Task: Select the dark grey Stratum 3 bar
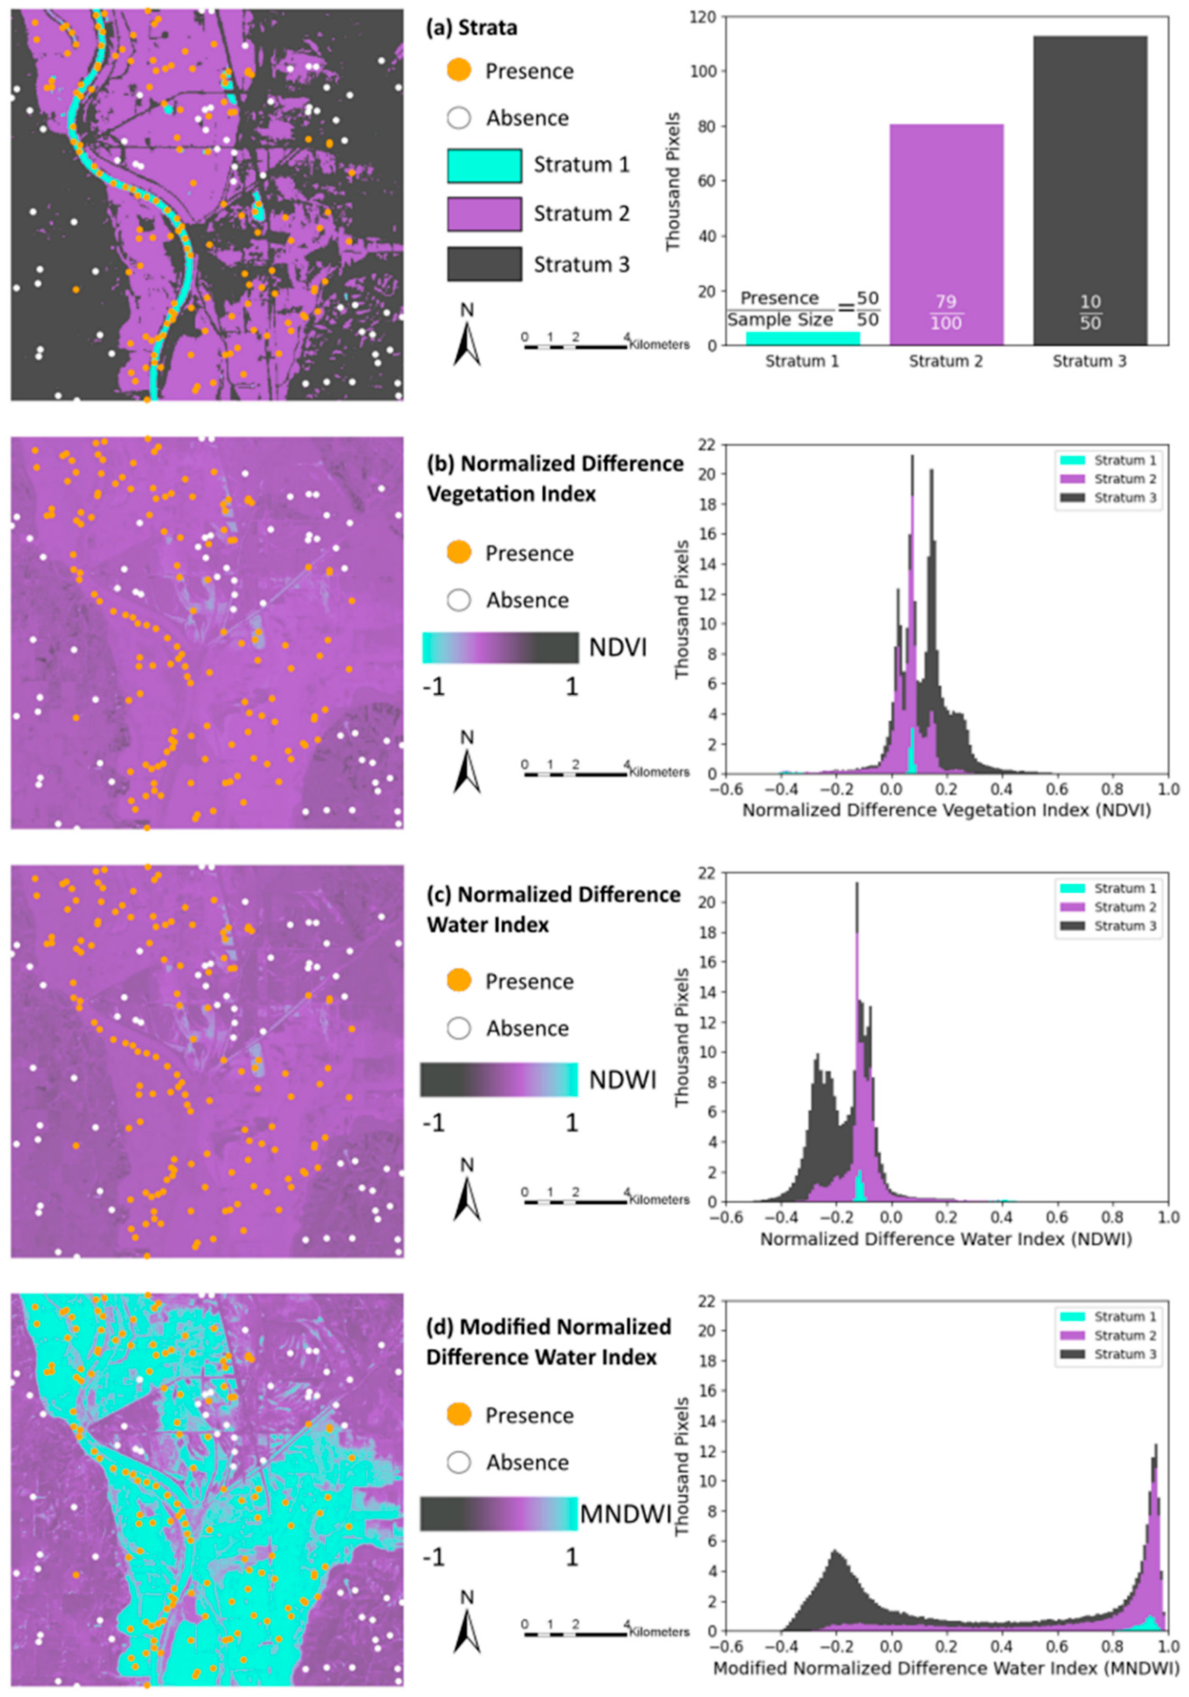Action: pyautogui.click(x=1089, y=185)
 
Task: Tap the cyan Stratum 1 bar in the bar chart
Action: pyautogui.click(x=802, y=338)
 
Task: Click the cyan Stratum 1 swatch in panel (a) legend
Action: pyautogui.click(x=484, y=165)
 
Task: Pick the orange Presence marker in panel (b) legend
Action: pyautogui.click(x=459, y=552)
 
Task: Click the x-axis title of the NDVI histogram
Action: pyautogui.click(x=946, y=810)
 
